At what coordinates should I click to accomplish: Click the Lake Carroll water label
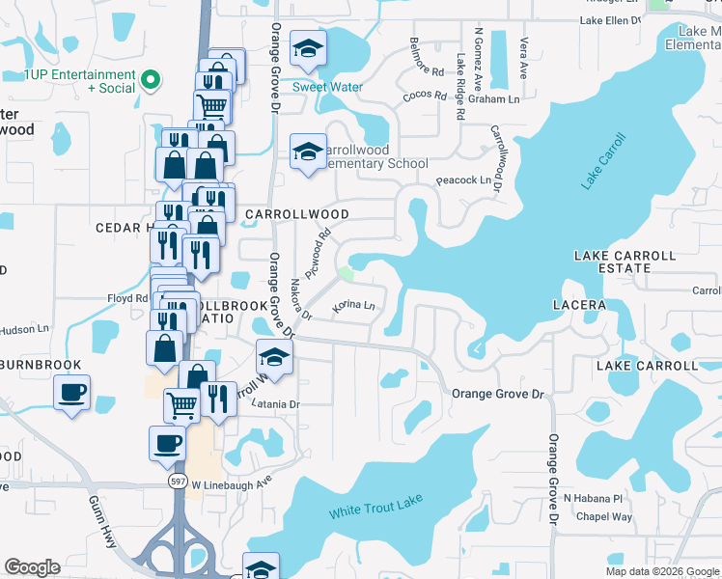[x=604, y=160]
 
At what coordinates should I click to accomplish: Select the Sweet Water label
[x=327, y=87]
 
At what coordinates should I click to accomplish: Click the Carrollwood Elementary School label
[x=373, y=157]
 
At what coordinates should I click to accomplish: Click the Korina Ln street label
[x=352, y=307]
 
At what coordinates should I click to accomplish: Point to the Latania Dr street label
[x=275, y=403]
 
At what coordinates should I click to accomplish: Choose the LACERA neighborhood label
[x=579, y=304]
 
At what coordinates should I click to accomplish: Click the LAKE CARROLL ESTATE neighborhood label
[x=625, y=262]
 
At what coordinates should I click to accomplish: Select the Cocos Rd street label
[x=425, y=96]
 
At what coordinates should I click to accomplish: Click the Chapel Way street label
[x=604, y=517]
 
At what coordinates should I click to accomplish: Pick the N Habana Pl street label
[x=595, y=498]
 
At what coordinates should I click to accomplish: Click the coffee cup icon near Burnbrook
[x=71, y=394]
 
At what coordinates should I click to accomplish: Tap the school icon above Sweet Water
[x=308, y=48]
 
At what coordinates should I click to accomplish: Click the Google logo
[x=32, y=567]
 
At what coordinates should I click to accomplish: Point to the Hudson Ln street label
[x=24, y=329]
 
